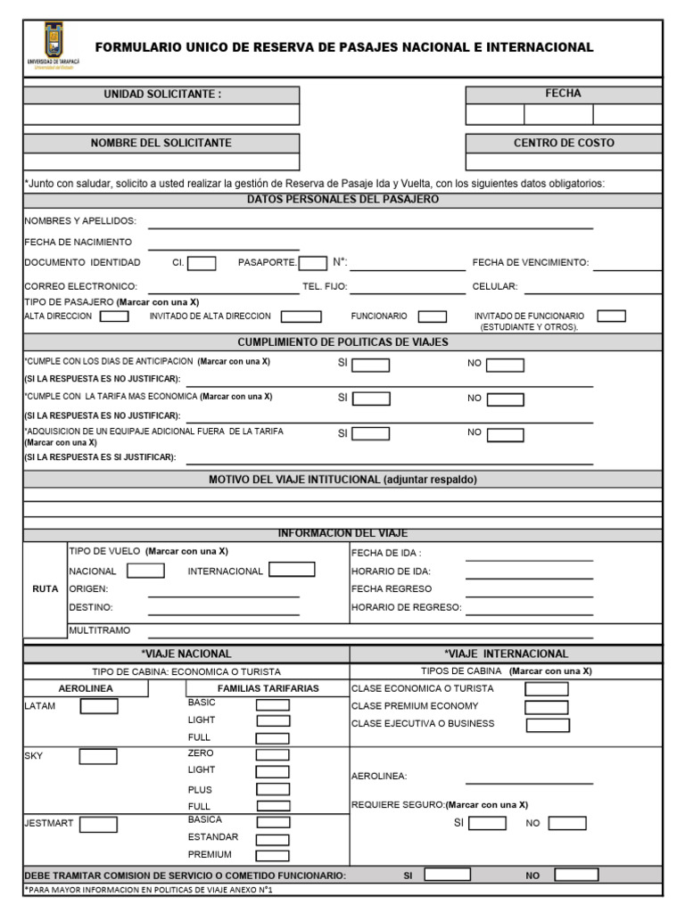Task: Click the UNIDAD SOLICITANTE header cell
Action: [x=161, y=95]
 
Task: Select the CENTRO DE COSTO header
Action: [x=564, y=143]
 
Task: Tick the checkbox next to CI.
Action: [x=202, y=263]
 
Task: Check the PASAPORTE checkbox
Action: [x=312, y=263]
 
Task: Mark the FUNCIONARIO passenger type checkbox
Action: [x=433, y=317]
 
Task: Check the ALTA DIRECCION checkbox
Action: [x=114, y=317]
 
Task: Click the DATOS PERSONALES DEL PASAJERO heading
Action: [x=342, y=200]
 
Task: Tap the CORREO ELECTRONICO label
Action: [x=81, y=287]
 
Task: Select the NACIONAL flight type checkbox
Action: [x=145, y=571]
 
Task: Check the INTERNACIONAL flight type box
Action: [x=292, y=570]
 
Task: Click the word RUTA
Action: [x=45, y=589]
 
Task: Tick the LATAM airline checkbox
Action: [x=99, y=706]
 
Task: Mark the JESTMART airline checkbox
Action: [x=98, y=824]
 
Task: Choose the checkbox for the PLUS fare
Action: [x=273, y=789]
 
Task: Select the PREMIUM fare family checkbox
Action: [x=273, y=855]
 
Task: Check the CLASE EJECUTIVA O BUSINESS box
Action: [x=548, y=725]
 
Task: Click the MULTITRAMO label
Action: [x=100, y=630]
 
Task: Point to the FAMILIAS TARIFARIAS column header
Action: [x=268, y=688]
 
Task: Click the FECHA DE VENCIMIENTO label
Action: [x=531, y=263]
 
